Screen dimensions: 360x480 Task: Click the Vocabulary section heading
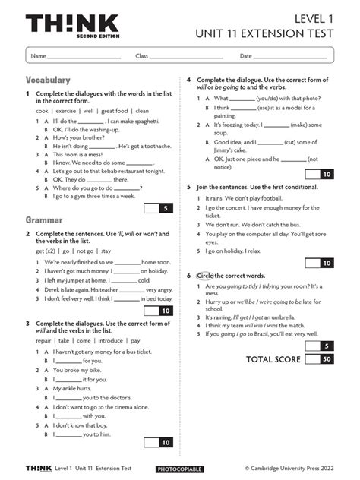(x=48, y=80)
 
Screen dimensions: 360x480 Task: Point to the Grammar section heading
(x=44, y=220)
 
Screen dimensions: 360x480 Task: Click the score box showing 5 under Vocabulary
(x=166, y=207)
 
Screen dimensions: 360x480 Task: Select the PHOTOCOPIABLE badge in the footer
(x=179, y=469)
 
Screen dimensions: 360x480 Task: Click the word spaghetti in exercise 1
(x=148, y=121)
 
